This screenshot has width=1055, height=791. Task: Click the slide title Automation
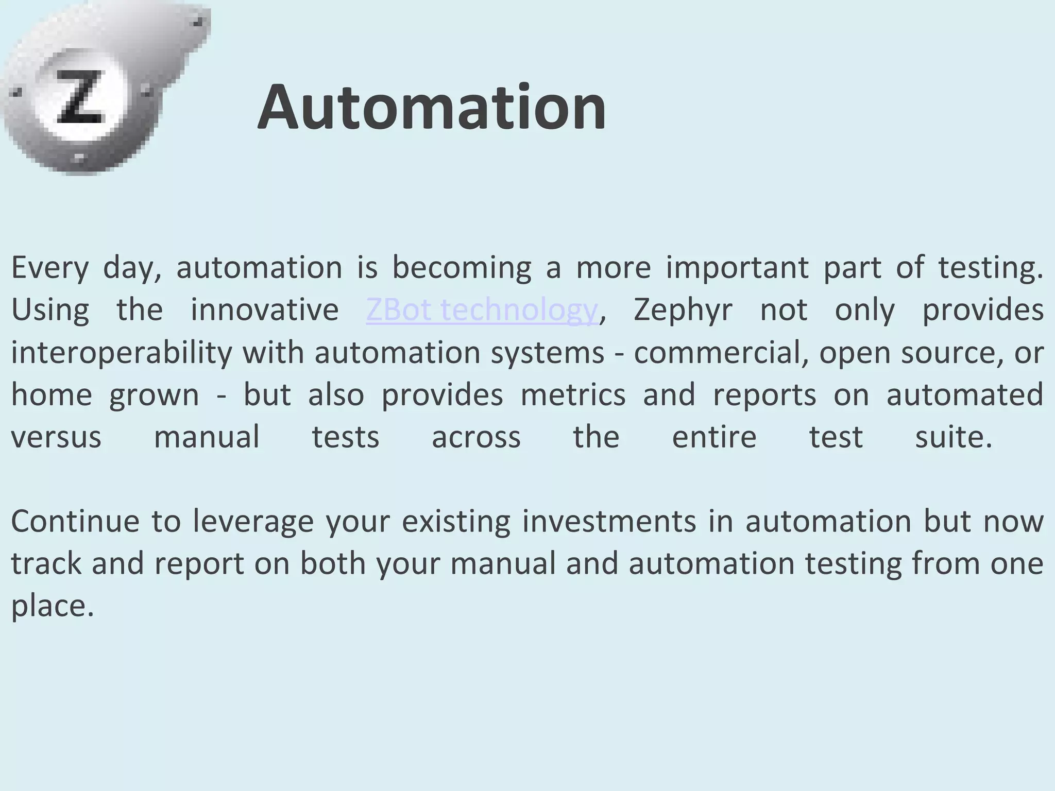point(432,107)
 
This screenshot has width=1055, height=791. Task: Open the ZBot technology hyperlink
point(482,310)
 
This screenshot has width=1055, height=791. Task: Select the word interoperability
point(122,353)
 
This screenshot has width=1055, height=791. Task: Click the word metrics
point(573,395)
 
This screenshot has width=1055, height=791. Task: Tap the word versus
point(56,437)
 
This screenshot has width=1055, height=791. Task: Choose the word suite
point(953,437)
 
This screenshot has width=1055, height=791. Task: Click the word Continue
point(75,521)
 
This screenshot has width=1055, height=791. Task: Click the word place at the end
point(52,607)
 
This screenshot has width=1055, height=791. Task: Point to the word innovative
point(264,310)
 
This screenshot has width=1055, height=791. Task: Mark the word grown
point(154,396)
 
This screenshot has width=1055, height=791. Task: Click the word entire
point(714,437)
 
